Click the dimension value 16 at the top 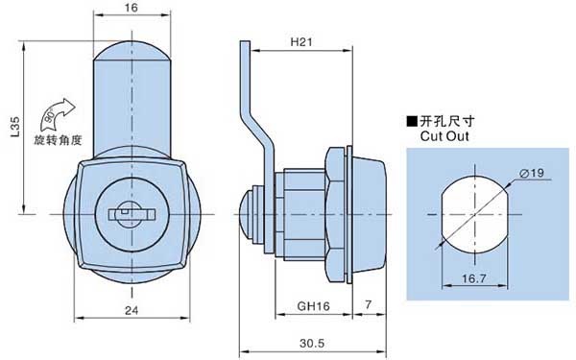(x=132, y=8)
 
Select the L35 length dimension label (x=14, y=127)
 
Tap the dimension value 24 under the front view (x=132, y=310)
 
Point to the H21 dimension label (x=301, y=42)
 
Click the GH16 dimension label (x=313, y=306)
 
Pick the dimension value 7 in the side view (x=368, y=304)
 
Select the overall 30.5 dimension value (x=312, y=343)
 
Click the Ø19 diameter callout (x=532, y=173)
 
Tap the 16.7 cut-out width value (x=474, y=278)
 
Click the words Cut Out (x=444, y=136)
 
